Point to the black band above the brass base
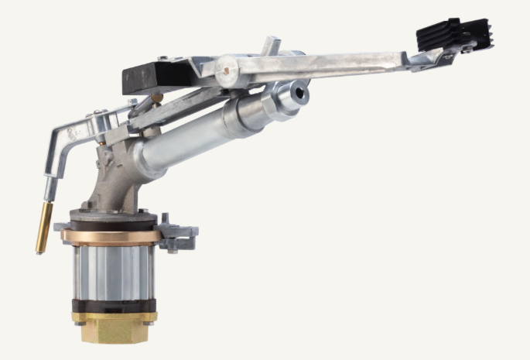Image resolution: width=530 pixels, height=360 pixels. pyautogui.click(x=114, y=304)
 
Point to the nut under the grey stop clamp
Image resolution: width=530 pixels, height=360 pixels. pyautogui.click(x=172, y=249)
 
